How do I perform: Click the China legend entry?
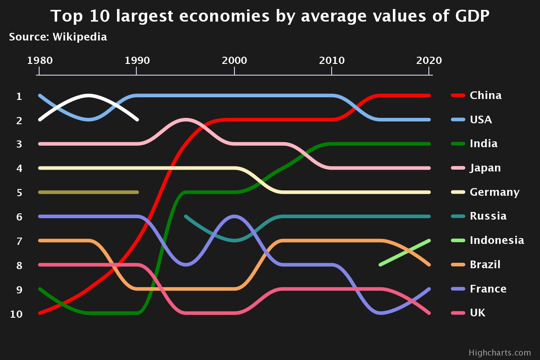(x=485, y=95)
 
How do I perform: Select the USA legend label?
(x=481, y=120)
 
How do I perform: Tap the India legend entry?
(x=483, y=144)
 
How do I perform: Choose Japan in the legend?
(x=485, y=168)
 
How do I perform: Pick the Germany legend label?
(x=494, y=192)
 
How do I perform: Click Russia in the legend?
(x=488, y=216)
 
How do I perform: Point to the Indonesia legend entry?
(x=496, y=240)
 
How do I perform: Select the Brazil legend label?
(x=485, y=265)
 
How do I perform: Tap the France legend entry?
(x=488, y=289)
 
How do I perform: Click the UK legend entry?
(x=477, y=313)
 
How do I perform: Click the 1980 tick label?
(x=40, y=60)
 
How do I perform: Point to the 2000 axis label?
(x=234, y=60)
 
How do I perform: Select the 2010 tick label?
(x=332, y=60)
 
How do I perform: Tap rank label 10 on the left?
(x=16, y=314)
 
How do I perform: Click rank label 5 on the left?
(x=19, y=193)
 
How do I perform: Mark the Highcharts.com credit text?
(x=499, y=353)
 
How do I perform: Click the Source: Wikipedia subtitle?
(x=58, y=37)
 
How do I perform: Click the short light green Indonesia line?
(x=405, y=252)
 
